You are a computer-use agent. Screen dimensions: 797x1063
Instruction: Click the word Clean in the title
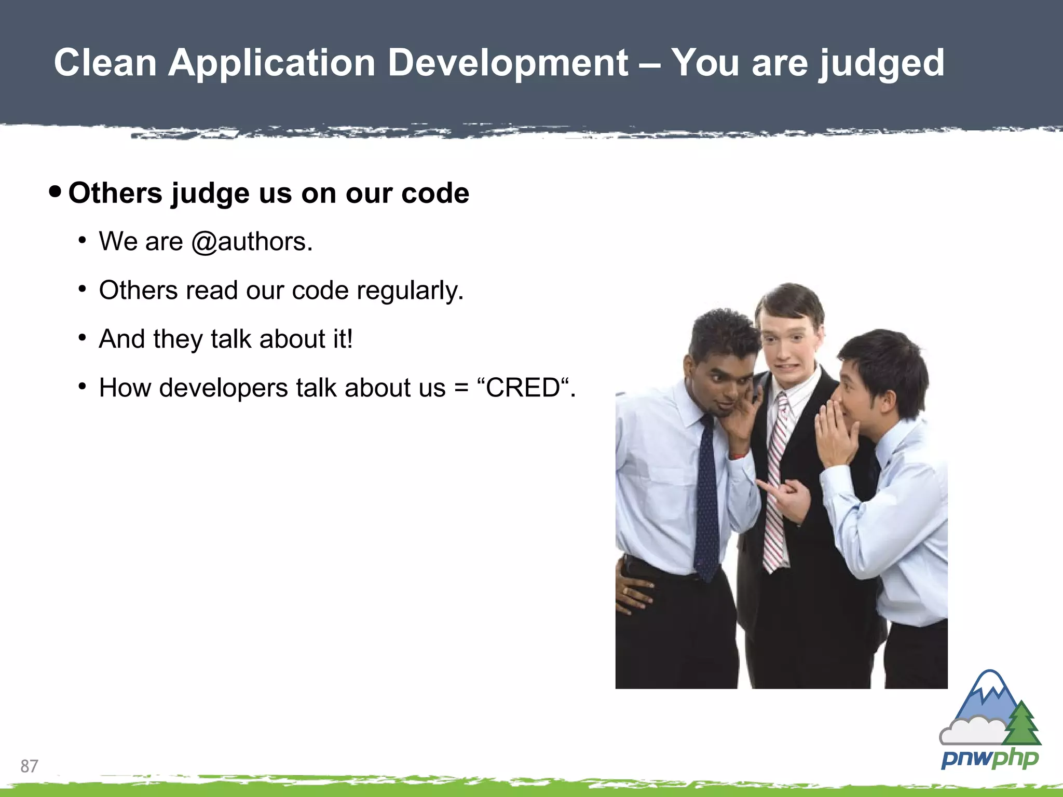(105, 63)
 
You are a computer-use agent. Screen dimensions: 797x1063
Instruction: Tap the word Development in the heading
(508, 63)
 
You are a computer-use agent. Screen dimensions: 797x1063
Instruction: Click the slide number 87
(29, 766)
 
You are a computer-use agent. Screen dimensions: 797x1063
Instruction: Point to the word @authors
(252, 242)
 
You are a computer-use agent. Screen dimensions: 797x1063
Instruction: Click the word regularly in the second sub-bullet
(410, 291)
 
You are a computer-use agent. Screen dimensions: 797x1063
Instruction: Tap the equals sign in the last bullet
(461, 388)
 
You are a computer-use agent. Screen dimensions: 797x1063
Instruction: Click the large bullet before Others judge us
(54, 192)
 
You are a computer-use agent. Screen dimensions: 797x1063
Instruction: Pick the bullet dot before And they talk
(82, 338)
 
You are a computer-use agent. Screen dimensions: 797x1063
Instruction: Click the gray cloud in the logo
(970, 731)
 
